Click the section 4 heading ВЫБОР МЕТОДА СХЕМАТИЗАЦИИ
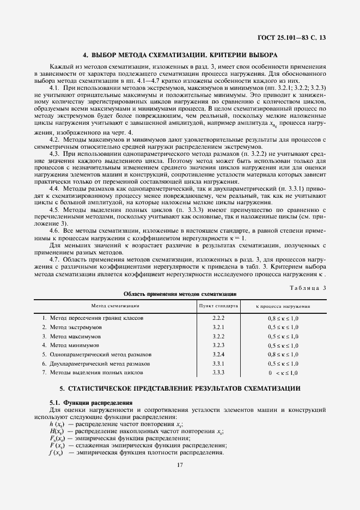tap(180, 55)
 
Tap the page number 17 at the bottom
tap(180, 465)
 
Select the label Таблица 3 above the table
tap(309, 287)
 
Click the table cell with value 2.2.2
tap(218, 317)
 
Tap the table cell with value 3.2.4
tap(218, 354)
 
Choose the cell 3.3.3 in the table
tap(218, 373)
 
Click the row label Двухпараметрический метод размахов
tap(100, 363)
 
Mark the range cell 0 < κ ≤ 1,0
tap(283, 373)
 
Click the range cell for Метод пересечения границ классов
tap(283, 317)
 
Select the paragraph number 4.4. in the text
tap(54, 188)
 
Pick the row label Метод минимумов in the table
tap(74, 345)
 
